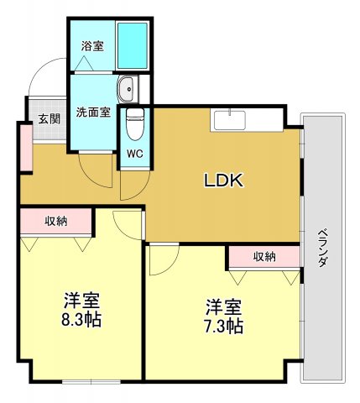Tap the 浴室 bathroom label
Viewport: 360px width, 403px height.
[x=92, y=45]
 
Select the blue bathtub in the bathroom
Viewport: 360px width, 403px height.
[x=130, y=46]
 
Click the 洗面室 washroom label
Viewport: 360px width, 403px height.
[x=92, y=112]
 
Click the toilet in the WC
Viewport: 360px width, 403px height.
[x=134, y=125]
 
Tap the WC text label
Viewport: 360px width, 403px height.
[x=134, y=154]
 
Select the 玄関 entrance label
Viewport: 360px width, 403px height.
[x=49, y=119]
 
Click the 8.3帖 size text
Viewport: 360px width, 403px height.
[x=81, y=320]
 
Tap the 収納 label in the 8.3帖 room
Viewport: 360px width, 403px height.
[x=56, y=221]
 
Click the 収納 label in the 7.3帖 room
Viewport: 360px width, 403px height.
[x=263, y=256]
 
